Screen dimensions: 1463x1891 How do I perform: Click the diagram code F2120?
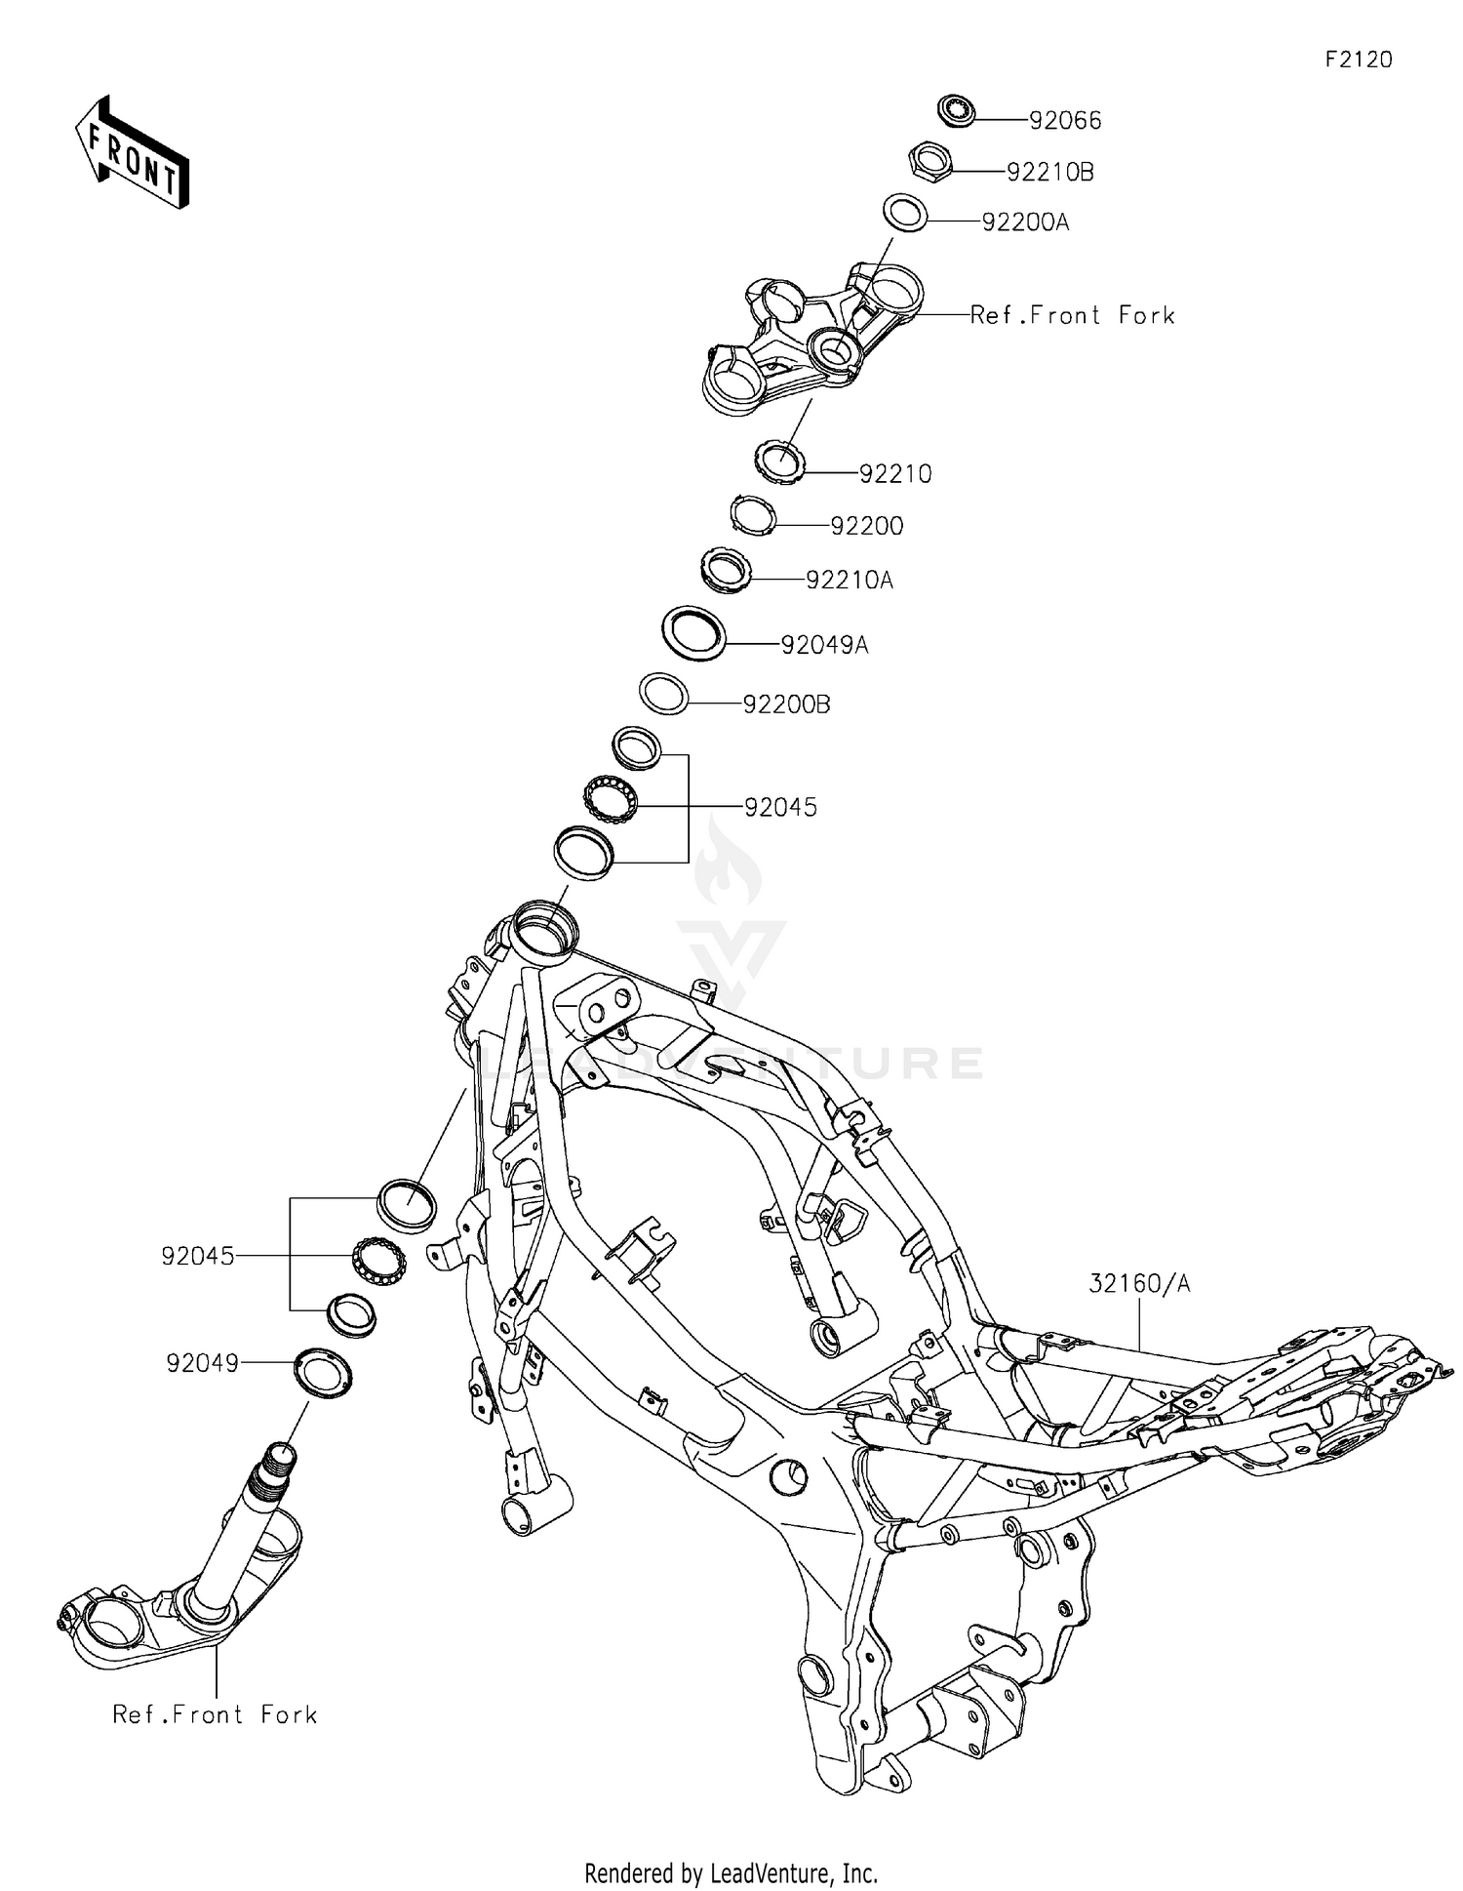pyautogui.click(x=1358, y=60)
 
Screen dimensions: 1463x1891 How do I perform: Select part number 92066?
pyautogui.click(x=1065, y=120)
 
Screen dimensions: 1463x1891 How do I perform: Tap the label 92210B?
pyautogui.click(x=1049, y=172)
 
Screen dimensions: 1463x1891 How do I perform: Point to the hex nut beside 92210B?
pyautogui.click(x=930, y=159)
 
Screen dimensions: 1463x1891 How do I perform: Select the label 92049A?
pyautogui.click(x=824, y=645)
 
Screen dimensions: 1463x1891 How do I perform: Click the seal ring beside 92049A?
pyautogui.click(x=694, y=634)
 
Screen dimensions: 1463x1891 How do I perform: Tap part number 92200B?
pyautogui.click(x=786, y=704)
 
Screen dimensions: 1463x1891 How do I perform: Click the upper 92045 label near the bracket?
pyautogui.click(x=780, y=807)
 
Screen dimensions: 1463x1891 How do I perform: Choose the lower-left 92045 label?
pyautogui.click(x=198, y=1256)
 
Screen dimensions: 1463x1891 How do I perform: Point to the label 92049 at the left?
pyautogui.click(x=202, y=1363)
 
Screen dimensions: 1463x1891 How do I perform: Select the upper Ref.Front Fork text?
pyautogui.click(x=1073, y=315)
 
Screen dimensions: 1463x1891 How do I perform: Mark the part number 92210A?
pyautogui.click(x=850, y=580)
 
